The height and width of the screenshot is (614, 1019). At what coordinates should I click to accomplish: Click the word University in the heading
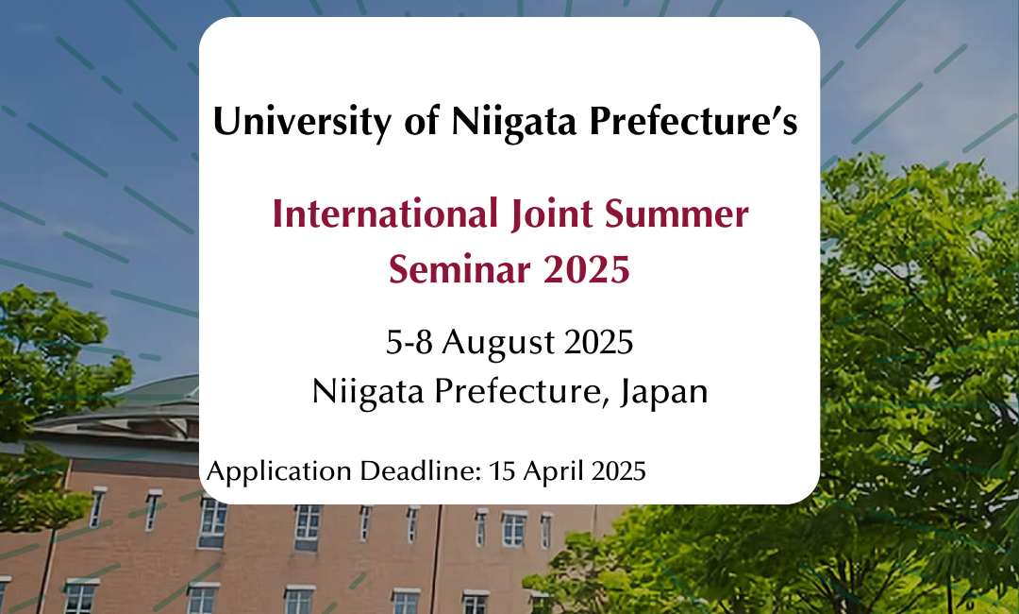303,122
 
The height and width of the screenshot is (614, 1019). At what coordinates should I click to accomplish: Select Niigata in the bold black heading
513,122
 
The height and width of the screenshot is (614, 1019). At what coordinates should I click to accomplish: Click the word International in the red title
385,214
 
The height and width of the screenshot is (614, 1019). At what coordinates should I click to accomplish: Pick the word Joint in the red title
552,215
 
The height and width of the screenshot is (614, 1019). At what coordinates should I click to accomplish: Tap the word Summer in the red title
677,214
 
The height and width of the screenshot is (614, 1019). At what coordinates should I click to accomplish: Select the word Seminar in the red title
459,268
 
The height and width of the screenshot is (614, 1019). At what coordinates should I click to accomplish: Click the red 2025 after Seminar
586,268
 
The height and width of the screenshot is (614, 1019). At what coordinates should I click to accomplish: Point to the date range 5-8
409,342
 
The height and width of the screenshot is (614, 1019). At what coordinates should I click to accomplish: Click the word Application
278,471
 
